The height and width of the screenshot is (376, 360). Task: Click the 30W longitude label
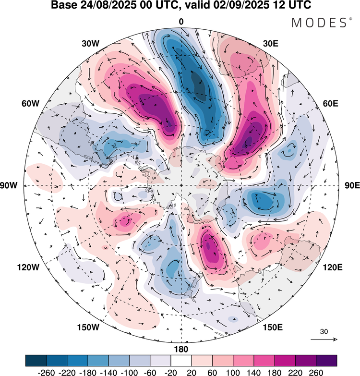click(x=90, y=43)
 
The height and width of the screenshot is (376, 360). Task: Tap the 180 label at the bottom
click(x=181, y=349)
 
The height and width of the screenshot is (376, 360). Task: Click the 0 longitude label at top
click(x=181, y=22)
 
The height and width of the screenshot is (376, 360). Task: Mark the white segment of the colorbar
click(x=181, y=360)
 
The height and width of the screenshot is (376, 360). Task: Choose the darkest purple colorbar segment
click(x=326, y=360)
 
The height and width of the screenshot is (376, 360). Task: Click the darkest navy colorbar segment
click(x=36, y=360)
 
